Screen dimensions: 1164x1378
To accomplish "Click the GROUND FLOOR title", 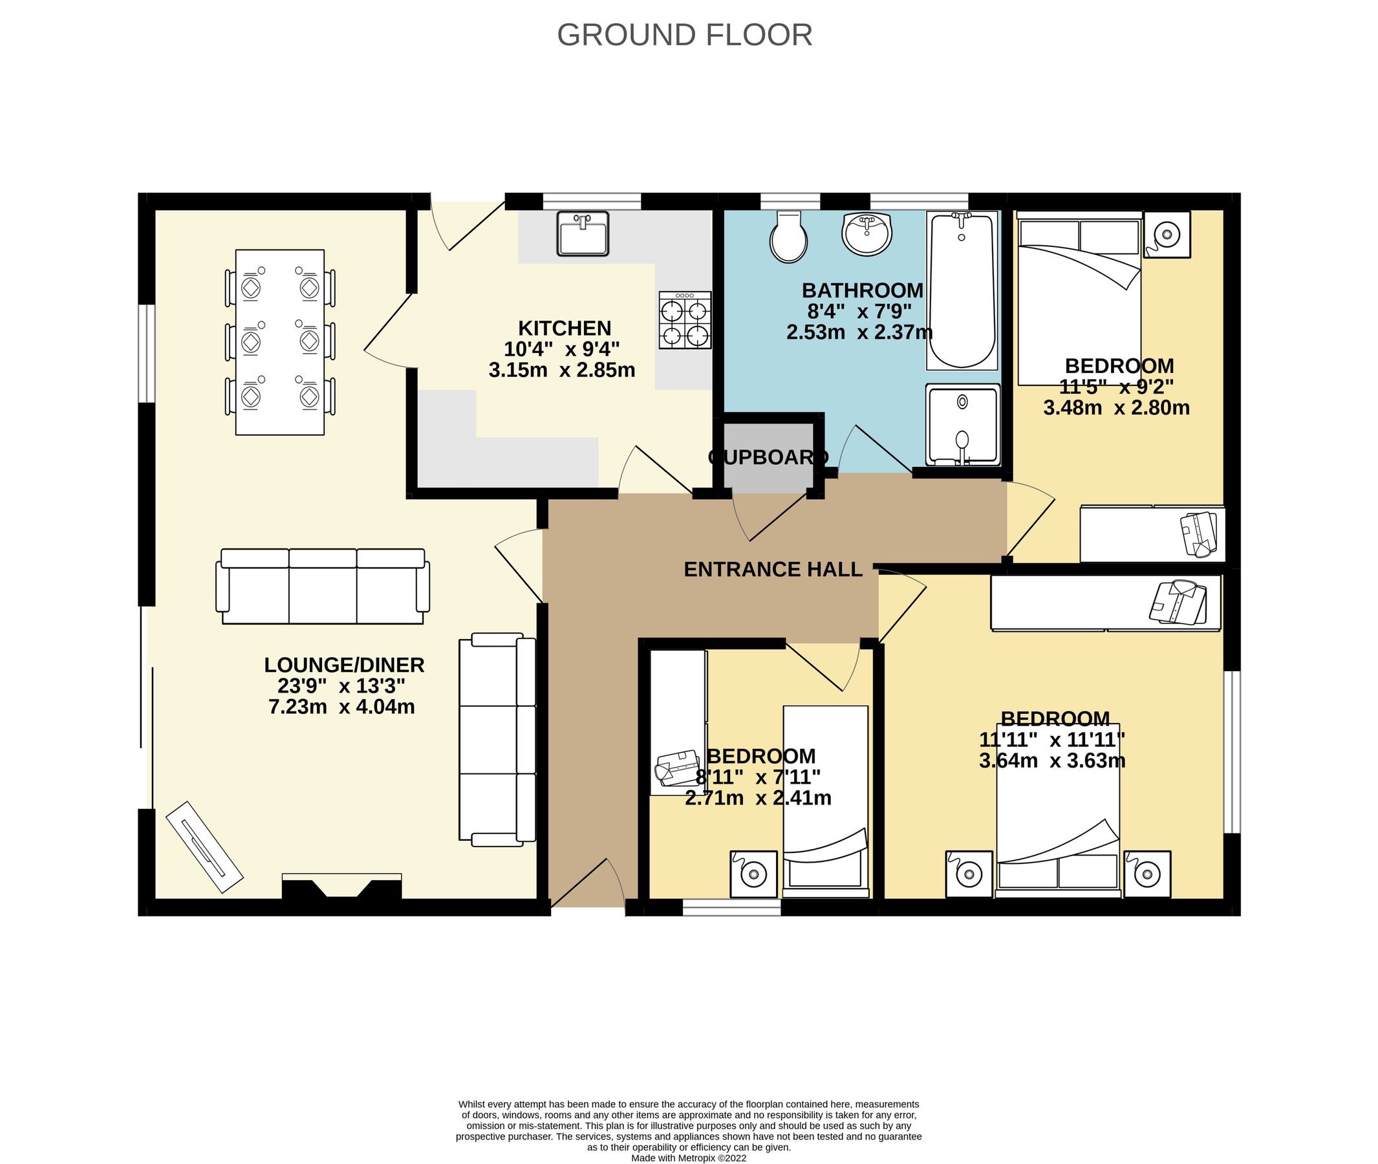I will pos(684,35).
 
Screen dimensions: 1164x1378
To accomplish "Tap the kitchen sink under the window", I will pos(582,233).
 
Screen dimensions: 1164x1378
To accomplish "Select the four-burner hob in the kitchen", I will pos(684,320).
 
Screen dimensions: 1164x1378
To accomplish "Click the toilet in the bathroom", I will pos(788,237).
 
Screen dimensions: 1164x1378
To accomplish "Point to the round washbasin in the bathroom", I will pos(867,233).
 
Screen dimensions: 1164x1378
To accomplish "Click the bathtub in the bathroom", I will pos(962,290).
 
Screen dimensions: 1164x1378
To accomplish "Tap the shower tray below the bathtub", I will pos(962,425).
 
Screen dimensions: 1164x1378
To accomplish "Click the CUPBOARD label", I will pos(768,457).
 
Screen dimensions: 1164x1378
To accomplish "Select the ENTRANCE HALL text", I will pos(773,570).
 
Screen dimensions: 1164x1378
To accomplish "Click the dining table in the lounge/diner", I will pos(280,342).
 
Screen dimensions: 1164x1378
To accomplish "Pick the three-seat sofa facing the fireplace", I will pos(323,587).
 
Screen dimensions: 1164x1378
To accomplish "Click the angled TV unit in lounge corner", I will pos(204,847).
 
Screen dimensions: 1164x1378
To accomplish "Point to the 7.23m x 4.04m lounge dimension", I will pos(341,707).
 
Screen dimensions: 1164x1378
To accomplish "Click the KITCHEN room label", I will pos(565,328).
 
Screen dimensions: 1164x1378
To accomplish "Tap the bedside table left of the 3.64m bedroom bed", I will pos(969,874).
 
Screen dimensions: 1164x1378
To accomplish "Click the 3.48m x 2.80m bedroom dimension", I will pos(1116,408).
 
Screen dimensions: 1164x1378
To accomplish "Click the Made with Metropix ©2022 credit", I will pos(688,1158).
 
